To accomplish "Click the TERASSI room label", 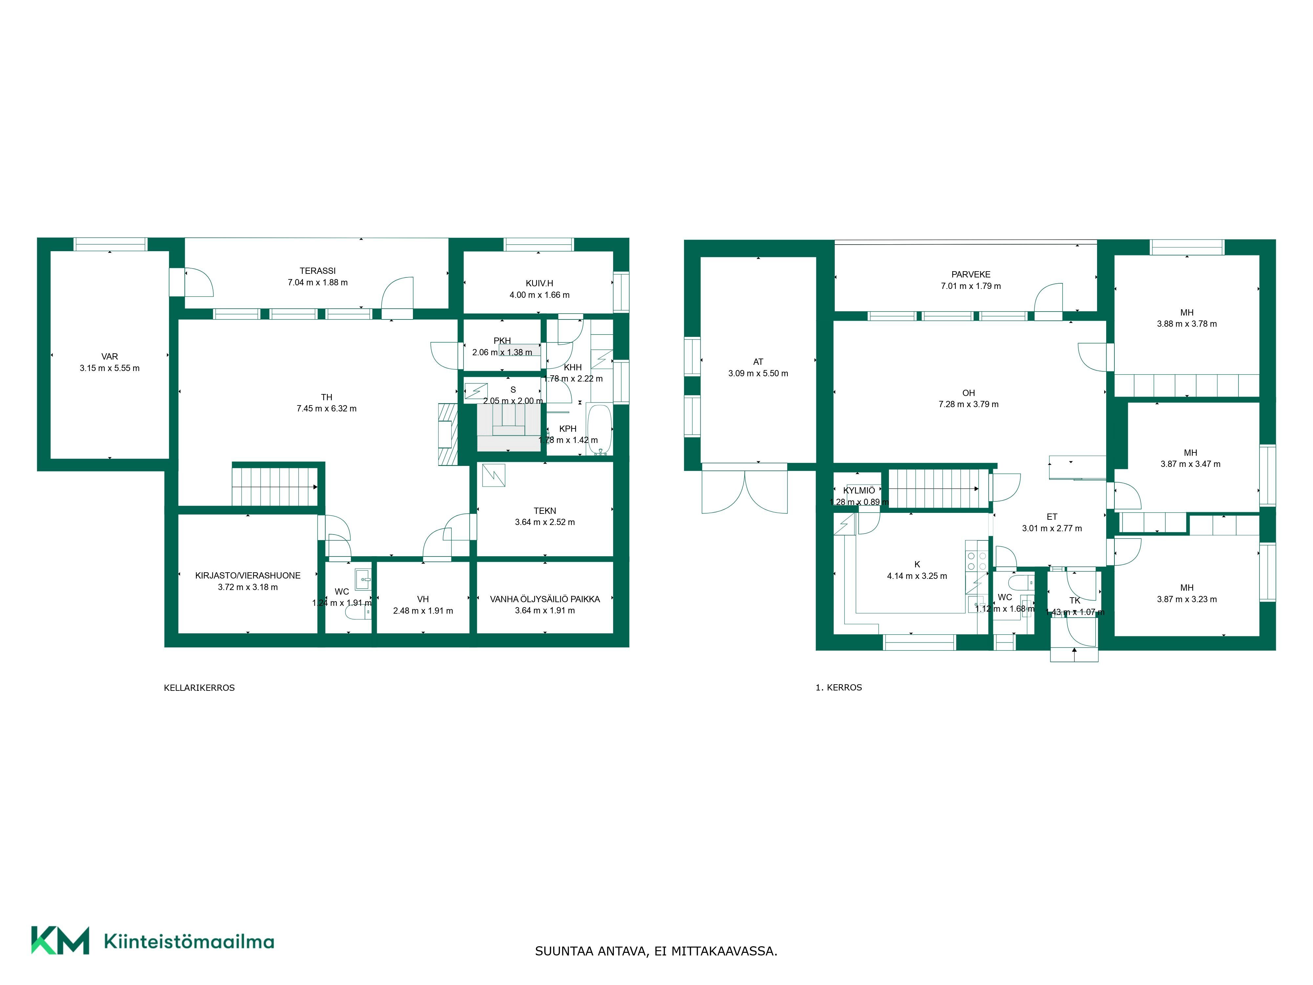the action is click(x=317, y=271).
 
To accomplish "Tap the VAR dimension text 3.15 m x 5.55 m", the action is click(x=110, y=368).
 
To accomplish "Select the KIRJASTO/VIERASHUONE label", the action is click(x=248, y=575).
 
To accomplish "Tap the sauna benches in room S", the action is click(x=509, y=429).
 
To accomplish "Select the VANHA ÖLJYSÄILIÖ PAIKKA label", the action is click(x=545, y=599).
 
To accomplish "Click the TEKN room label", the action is click(x=545, y=511).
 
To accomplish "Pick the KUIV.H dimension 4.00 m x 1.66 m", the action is click(x=540, y=295).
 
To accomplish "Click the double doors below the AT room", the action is click(x=744, y=492).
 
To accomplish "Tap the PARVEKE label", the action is click(x=971, y=274).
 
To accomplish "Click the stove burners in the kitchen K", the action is click(x=977, y=561).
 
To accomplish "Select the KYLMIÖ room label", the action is click(x=859, y=491).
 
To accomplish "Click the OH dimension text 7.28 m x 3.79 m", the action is click(x=969, y=404).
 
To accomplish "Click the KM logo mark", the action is click(x=60, y=940).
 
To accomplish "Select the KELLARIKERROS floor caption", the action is click(x=200, y=688).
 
